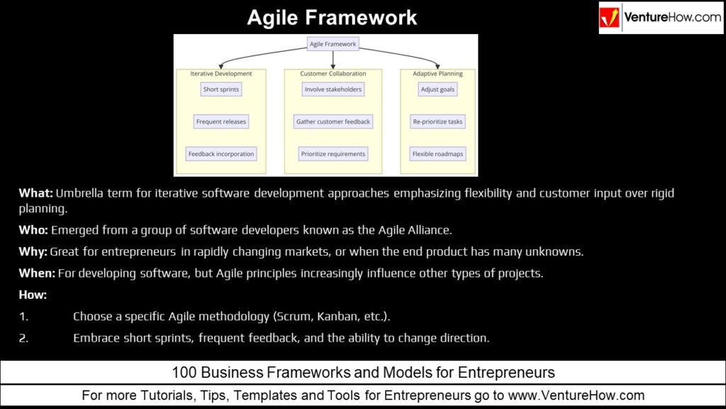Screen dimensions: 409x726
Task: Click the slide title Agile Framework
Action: pos(332,17)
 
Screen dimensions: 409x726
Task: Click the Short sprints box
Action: pos(221,89)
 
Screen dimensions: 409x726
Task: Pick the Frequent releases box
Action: pos(221,121)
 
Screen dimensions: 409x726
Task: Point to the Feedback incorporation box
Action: pos(221,153)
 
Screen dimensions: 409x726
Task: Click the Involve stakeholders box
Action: pos(333,89)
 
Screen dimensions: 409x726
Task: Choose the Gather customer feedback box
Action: pos(333,121)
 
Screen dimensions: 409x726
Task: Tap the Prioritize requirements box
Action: pos(333,153)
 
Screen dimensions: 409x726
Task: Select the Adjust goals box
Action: pos(437,89)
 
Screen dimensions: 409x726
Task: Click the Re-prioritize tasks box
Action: pos(437,121)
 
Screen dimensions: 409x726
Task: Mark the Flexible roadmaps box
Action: pos(437,153)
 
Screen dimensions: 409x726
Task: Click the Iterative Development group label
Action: pos(221,73)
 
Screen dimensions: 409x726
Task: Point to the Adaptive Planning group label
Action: pos(437,73)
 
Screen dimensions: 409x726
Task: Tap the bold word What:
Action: pos(35,192)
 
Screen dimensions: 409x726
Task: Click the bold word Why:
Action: pos(33,252)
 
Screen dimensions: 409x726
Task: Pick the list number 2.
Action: pos(23,338)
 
